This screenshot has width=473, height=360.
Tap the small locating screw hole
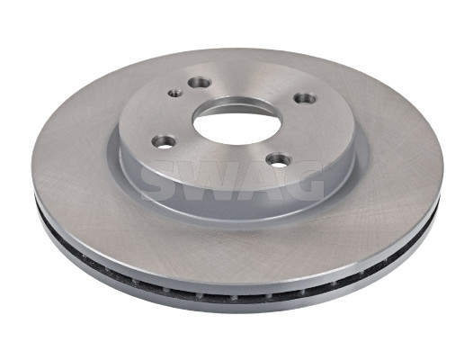point(175,93)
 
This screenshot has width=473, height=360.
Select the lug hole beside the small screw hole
point(199,82)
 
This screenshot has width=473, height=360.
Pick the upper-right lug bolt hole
point(305,98)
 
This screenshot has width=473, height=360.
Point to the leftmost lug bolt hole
point(164,141)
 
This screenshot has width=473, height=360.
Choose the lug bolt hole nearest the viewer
point(279,160)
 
